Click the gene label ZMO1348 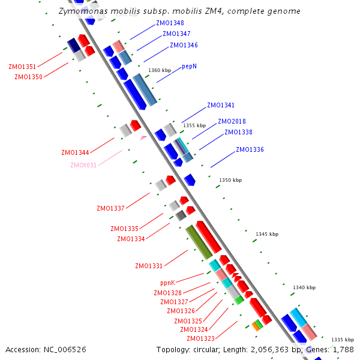point(170,23)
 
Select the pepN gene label point(190,66)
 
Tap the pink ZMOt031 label point(83,166)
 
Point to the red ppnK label point(167,283)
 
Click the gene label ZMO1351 point(22,67)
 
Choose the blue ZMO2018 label point(231,121)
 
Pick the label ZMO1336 point(250,149)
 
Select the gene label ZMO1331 point(149,266)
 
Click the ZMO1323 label point(200,338)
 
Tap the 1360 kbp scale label point(160,71)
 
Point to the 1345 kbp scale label point(267,234)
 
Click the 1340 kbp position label point(304,288)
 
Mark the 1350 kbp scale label point(230,180)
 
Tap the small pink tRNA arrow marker point(143,138)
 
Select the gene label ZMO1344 point(75,152)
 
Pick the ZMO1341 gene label point(221,105)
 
